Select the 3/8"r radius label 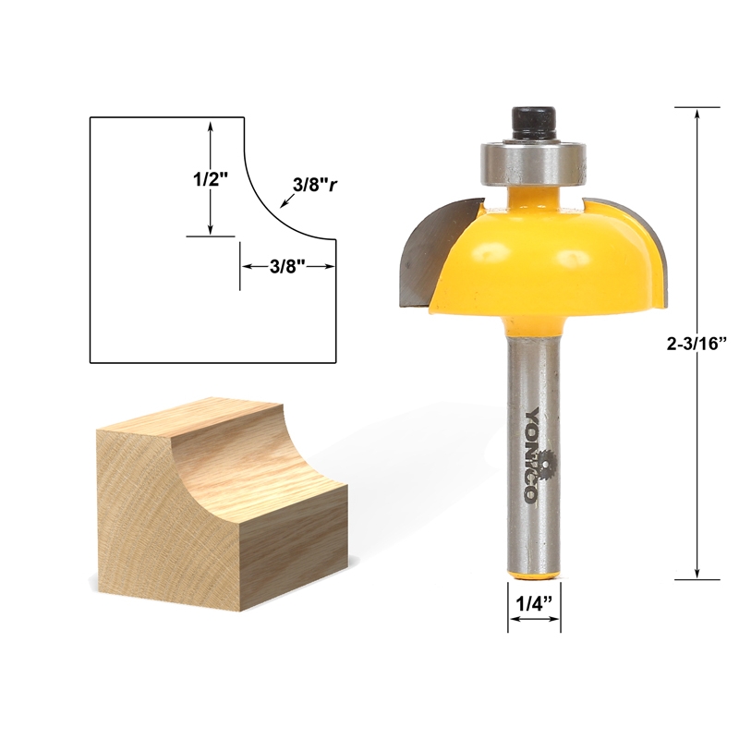[x=313, y=184]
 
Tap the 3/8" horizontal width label [x=287, y=265]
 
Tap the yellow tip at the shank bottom [x=534, y=573]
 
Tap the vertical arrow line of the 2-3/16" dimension [x=696, y=231]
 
